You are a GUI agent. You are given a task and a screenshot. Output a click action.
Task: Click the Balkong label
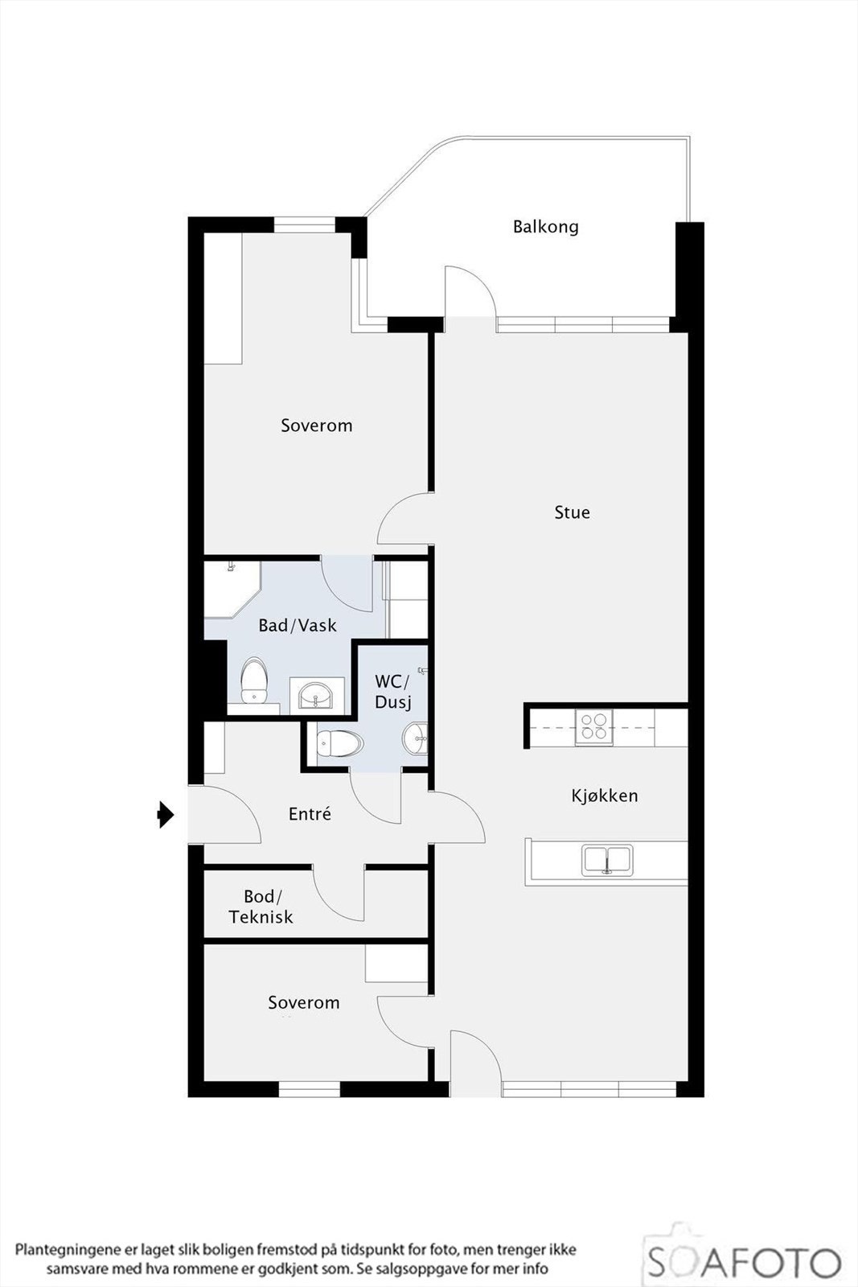coord(545,227)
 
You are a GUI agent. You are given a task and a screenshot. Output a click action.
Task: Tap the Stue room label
coord(572,512)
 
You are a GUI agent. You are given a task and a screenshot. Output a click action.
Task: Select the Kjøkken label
coord(605,796)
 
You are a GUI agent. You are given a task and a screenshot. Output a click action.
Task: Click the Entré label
coord(310,814)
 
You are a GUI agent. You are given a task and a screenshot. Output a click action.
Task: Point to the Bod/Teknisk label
coord(261,907)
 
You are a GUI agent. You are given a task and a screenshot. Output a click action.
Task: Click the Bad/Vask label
coord(297,625)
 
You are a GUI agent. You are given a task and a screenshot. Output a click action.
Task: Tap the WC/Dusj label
coord(392,692)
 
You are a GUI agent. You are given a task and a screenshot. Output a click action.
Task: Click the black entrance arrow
coord(166,815)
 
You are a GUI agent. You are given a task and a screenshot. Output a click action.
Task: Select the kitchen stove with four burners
coord(593,726)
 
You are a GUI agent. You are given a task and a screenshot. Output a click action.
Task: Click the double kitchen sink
coord(607,860)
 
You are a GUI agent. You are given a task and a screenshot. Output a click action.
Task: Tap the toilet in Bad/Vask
coord(254,681)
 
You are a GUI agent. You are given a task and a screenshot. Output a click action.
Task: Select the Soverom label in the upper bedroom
coord(316,426)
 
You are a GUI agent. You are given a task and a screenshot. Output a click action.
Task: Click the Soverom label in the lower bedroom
coord(303,1003)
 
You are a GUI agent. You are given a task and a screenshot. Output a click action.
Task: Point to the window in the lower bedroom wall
coord(310,1089)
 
